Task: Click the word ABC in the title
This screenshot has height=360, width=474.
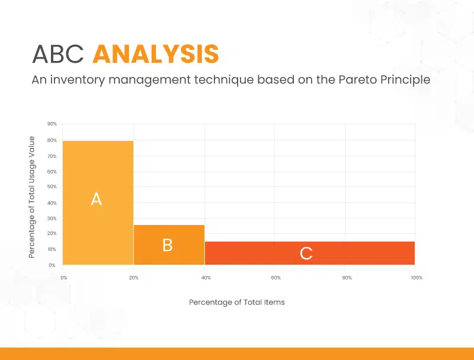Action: tap(57, 54)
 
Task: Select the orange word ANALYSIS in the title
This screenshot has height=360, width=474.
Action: tap(156, 54)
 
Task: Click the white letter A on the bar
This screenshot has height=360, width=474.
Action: tap(97, 199)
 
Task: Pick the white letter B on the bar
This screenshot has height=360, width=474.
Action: tap(168, 245)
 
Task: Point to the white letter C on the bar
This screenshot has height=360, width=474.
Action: tap(306, 253)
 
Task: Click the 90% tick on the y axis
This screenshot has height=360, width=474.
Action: tap(52, 124)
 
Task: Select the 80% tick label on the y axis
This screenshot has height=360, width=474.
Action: tap(52, 140)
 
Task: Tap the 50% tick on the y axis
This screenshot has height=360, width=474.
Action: tap(52, 187)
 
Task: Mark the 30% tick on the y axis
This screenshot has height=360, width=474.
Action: tap(52, 218)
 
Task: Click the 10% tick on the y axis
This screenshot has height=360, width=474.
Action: tap(52, 249)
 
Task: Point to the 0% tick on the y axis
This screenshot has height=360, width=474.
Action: tap(52, 265)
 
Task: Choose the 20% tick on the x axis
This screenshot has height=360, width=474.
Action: tap(134, 278)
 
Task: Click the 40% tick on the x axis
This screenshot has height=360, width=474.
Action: tap(206, 278)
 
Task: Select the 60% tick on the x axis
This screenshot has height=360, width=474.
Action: tap(276, 278)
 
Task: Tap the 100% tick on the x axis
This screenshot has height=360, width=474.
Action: tap(417, 278)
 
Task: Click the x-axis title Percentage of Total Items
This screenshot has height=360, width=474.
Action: tap(236, 303)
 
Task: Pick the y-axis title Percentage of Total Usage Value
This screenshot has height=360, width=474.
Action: tap(32, 197)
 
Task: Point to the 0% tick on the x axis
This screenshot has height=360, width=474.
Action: tap(64, 278)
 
